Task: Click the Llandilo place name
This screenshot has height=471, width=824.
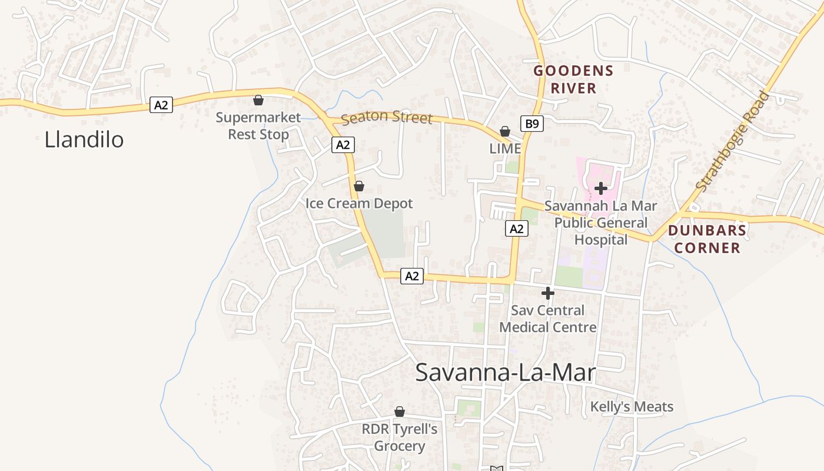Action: pyautogui.click(x=84, y=140)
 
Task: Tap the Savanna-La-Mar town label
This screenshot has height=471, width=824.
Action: pyautogui.click(x=506, y=373)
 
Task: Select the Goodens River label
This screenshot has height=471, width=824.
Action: pyautogui.click(x=573, y=79)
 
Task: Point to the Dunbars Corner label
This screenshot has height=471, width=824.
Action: pyautogui.click(x=707, y=238)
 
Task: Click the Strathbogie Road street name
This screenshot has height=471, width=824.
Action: pyautogui.click(x=732, y=141)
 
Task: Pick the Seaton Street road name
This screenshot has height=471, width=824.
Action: pyautogui.click(x=387, y=117)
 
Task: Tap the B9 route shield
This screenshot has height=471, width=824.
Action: pyautogui.click(x=531, y=124)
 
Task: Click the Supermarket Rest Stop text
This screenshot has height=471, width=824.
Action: pyautogui.click(x=258, y=125)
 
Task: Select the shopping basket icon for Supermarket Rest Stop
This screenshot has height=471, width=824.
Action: pyautogui.click(x=258, y=100)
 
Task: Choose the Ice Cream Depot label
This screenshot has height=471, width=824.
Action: pyautogui.click(x=359, y=204)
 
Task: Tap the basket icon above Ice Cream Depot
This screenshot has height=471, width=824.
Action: pyautogui.click(x=358, y=186)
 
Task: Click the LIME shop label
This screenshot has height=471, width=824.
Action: pyautogui.click(x=505, y=149)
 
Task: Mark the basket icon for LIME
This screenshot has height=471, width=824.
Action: pyautogui.click(x=504, y=131)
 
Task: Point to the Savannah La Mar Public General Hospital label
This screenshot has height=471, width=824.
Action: pyautogui.click(x=600, y=223)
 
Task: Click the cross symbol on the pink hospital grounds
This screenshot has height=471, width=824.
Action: pyautogui.click(x=600, y=188)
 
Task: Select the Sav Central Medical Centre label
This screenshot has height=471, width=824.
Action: pyautogui.click(x=547, y=319)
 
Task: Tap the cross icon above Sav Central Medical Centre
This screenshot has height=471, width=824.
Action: pyautogui.click(x=547, y=293)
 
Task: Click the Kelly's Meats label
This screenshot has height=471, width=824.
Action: pyautogui.click(x=632, y=407)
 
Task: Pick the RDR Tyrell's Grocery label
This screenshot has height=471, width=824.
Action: pyautogui.click(x=400, y=437)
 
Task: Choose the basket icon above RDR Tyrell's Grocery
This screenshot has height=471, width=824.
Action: pyautogui.click(x=399, y=411)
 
